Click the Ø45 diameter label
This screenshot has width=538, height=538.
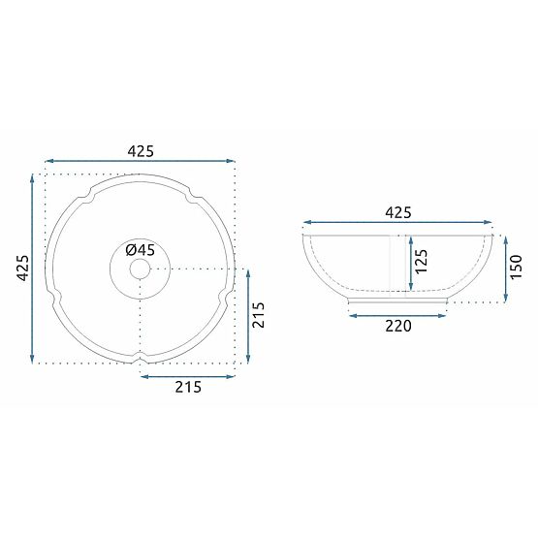coord(141,249)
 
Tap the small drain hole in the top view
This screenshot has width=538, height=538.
coord(141,268)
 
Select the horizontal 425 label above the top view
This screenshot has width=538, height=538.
coord(141,151)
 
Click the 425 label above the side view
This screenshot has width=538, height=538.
coord(398,212)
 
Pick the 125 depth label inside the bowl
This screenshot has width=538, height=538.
coord(422,262)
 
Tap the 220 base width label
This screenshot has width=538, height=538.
coord(397,326)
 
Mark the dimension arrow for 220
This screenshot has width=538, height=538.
coord(397,312)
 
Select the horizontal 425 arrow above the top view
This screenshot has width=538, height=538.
coord(141,161)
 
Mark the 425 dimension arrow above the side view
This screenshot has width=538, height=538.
coord(398,223)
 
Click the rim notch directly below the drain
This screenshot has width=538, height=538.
coord(141,360)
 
